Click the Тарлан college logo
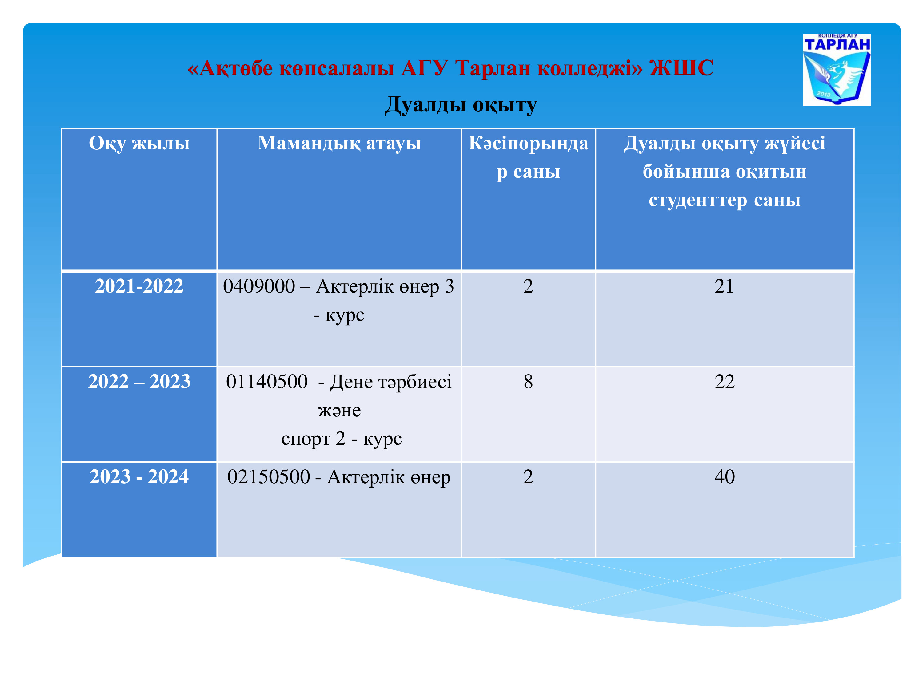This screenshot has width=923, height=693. [x=837, y=70]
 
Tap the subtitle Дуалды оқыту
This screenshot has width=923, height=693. [x=461, y=105]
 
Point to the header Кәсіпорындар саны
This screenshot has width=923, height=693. [x=528, y=157]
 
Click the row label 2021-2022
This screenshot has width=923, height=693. [x=139, y=286]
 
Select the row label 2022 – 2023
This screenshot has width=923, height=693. [x=139, y=381]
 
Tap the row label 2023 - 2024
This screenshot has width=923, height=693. [x=139, y=476]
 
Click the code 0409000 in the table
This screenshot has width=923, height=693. [x=259, y=286]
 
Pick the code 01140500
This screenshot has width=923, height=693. [x=267, y=381]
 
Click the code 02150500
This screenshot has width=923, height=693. [x=269, y=476]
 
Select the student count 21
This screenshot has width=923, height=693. [x=724, y=286]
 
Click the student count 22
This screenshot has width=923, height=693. [x=724, y=381]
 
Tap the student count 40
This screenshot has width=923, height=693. [x=724, y=476]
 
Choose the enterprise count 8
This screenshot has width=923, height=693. [x=528, y=381]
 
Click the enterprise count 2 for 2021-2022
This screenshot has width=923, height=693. [x=528, y=286]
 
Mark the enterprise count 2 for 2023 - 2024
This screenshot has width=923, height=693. [x=528, y=476]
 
